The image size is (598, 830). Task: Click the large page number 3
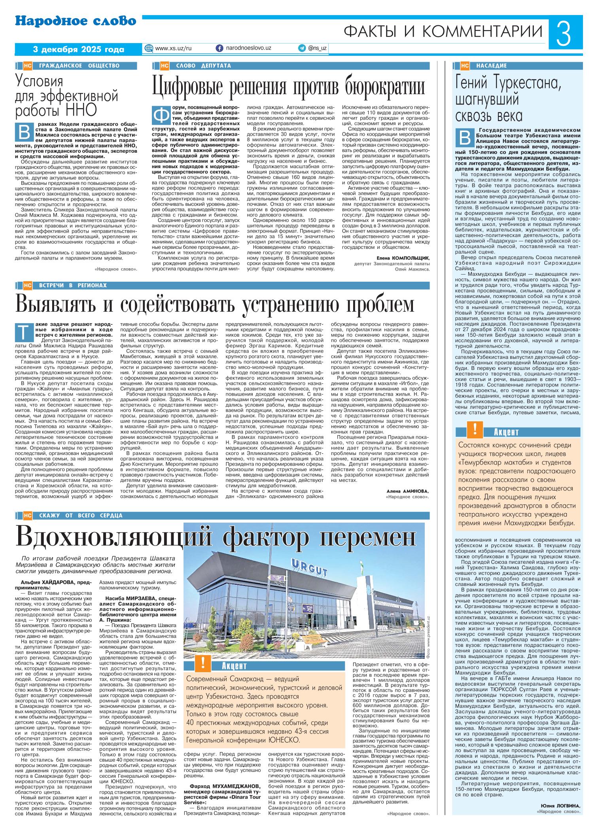point(565,34)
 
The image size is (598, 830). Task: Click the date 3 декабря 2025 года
point(78,49)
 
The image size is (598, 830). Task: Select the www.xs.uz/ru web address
point(173,48)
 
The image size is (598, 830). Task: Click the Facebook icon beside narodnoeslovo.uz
point(219,48)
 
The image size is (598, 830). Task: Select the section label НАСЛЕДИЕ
point(491,66)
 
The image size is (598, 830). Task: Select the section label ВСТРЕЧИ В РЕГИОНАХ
point(73,285)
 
